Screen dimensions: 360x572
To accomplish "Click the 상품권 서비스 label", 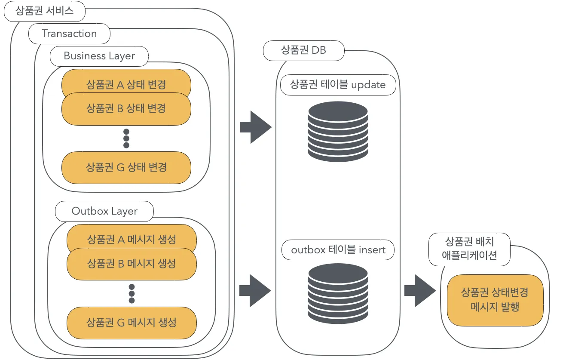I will tap(44, 11).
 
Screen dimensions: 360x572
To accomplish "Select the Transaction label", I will tap(69, 34).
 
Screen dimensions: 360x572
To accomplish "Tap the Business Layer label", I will tap(99, 56).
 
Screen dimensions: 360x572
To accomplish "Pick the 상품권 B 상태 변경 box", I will tap(126, 109).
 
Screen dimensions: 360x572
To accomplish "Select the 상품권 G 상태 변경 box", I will tap(126, 167).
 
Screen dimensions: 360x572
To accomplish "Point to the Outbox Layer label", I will tap(104, 211).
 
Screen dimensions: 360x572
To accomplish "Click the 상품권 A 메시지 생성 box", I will tap(132, 237).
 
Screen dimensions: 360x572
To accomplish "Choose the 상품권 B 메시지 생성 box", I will tap(132, 263).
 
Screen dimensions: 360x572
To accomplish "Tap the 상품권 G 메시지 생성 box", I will tap(132, 322).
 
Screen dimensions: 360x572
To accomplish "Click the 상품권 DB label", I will tap(303, 50).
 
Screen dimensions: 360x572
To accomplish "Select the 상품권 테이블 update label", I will tap(338, 84).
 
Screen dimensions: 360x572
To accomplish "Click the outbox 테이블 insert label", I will tap(338, 250).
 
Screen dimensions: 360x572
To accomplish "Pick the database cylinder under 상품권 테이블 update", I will tap(338, 129).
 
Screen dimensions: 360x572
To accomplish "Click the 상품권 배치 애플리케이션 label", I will tap(469, 249).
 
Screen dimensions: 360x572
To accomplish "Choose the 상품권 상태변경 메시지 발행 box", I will tap(495, 300).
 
